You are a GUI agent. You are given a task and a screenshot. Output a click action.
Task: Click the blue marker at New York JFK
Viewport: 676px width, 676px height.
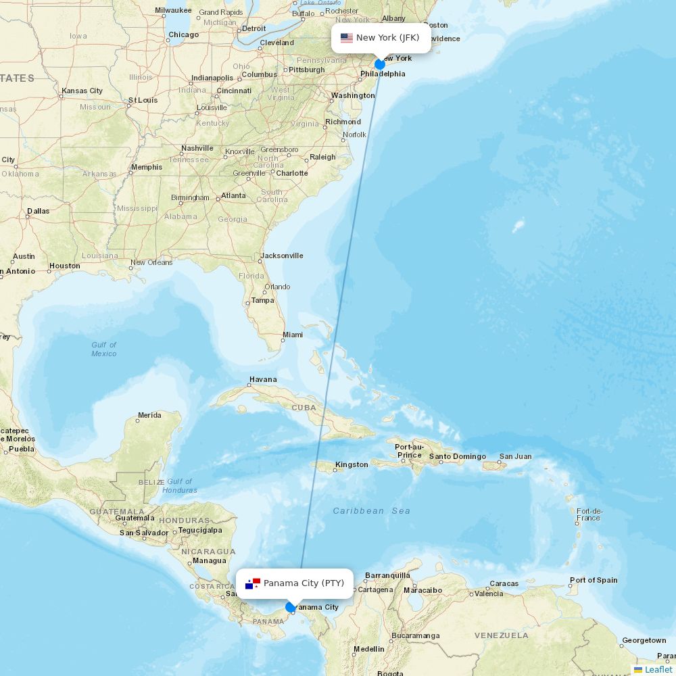click(380, 64)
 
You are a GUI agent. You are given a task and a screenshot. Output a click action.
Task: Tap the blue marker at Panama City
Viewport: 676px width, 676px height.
click(291, 607)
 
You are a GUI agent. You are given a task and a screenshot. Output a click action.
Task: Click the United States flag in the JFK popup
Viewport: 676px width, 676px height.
click(347, 38)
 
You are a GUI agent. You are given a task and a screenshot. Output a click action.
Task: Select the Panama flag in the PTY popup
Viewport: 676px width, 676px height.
click(253, 583)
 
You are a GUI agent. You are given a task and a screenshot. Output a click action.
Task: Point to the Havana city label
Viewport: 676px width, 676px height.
click(263, 379)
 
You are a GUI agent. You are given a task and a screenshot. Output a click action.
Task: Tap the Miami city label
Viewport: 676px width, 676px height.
click(293, 335)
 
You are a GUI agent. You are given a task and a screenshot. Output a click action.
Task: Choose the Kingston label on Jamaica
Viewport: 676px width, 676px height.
click(352, 464)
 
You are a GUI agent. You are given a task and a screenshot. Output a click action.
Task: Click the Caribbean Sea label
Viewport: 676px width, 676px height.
click(371, 511)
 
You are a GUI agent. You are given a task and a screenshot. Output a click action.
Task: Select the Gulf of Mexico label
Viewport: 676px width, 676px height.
click(104, 349)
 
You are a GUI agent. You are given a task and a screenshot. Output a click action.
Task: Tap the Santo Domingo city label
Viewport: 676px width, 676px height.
click(458, 456)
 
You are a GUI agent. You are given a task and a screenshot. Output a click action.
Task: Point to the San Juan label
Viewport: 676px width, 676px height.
click(516, 456)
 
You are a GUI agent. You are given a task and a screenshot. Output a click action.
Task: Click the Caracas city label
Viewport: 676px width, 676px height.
click(504, 583)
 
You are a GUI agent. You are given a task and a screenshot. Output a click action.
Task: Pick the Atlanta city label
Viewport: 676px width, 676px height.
click(233, 195)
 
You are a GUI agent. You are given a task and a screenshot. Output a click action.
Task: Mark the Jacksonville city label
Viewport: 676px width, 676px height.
click(282, 256)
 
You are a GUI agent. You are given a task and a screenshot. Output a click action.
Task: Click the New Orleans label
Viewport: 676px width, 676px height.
click(151, 262)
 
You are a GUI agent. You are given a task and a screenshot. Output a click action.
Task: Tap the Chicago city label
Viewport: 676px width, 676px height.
click(184, 34)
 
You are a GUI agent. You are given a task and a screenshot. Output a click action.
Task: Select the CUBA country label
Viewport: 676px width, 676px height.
click(304, 408)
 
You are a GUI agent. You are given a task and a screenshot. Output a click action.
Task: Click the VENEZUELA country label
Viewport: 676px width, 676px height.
click(501, 635)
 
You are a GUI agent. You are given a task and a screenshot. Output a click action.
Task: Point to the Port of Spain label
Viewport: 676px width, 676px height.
click(594, 580)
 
